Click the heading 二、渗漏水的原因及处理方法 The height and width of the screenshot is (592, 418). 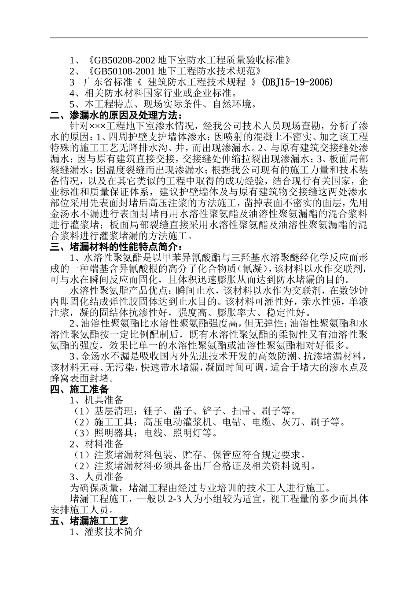pyautogui.click(x=116, y=115)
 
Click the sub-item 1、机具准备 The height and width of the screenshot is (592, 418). pyautogui.click(x=96, y=400)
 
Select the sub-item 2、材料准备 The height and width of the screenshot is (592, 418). pyautogui.click(x=96, y=444)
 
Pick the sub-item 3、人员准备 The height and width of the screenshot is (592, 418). pyautogui.click(x=96, y=477)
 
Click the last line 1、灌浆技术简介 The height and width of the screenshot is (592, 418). pyautogui.click(x=106, y=532)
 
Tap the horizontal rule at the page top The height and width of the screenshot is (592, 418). pyautogui.click(x=209, y=38)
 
